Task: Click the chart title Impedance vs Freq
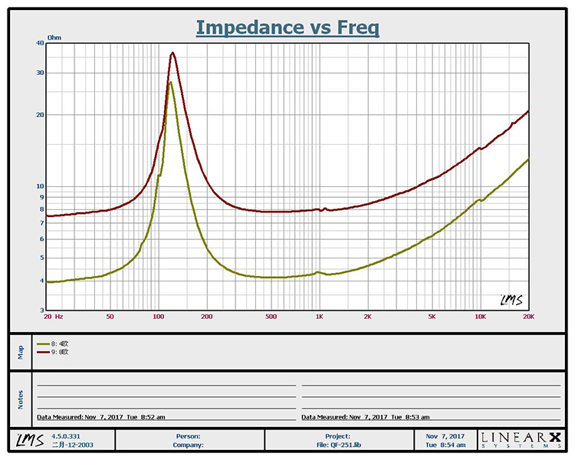[287, 28]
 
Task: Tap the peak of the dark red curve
[173, 53]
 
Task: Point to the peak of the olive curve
[170, 82]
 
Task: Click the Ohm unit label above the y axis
[54, 37]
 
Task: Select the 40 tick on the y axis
[38, 43]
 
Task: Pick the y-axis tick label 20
[38, 115]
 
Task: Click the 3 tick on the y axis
[41, 310]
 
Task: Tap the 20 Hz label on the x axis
[53, 316]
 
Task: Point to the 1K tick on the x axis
[319, 316]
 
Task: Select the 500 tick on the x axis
[271, 316]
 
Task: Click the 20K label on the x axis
[527, 316]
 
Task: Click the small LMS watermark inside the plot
[511, 300]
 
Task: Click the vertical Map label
[21, 352]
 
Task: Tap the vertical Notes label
[21, 399]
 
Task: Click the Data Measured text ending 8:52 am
[101, 417]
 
